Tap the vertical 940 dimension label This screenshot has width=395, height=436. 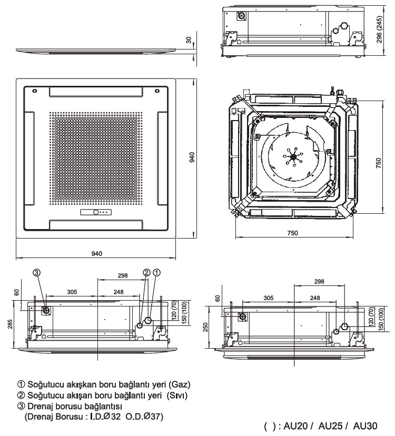193,157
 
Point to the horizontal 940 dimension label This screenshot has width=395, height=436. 96,254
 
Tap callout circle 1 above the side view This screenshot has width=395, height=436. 156,272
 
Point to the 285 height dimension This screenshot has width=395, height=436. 9,323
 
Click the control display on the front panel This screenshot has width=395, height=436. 96,213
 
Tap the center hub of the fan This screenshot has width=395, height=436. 293,156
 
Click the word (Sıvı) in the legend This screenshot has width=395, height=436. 176,395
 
